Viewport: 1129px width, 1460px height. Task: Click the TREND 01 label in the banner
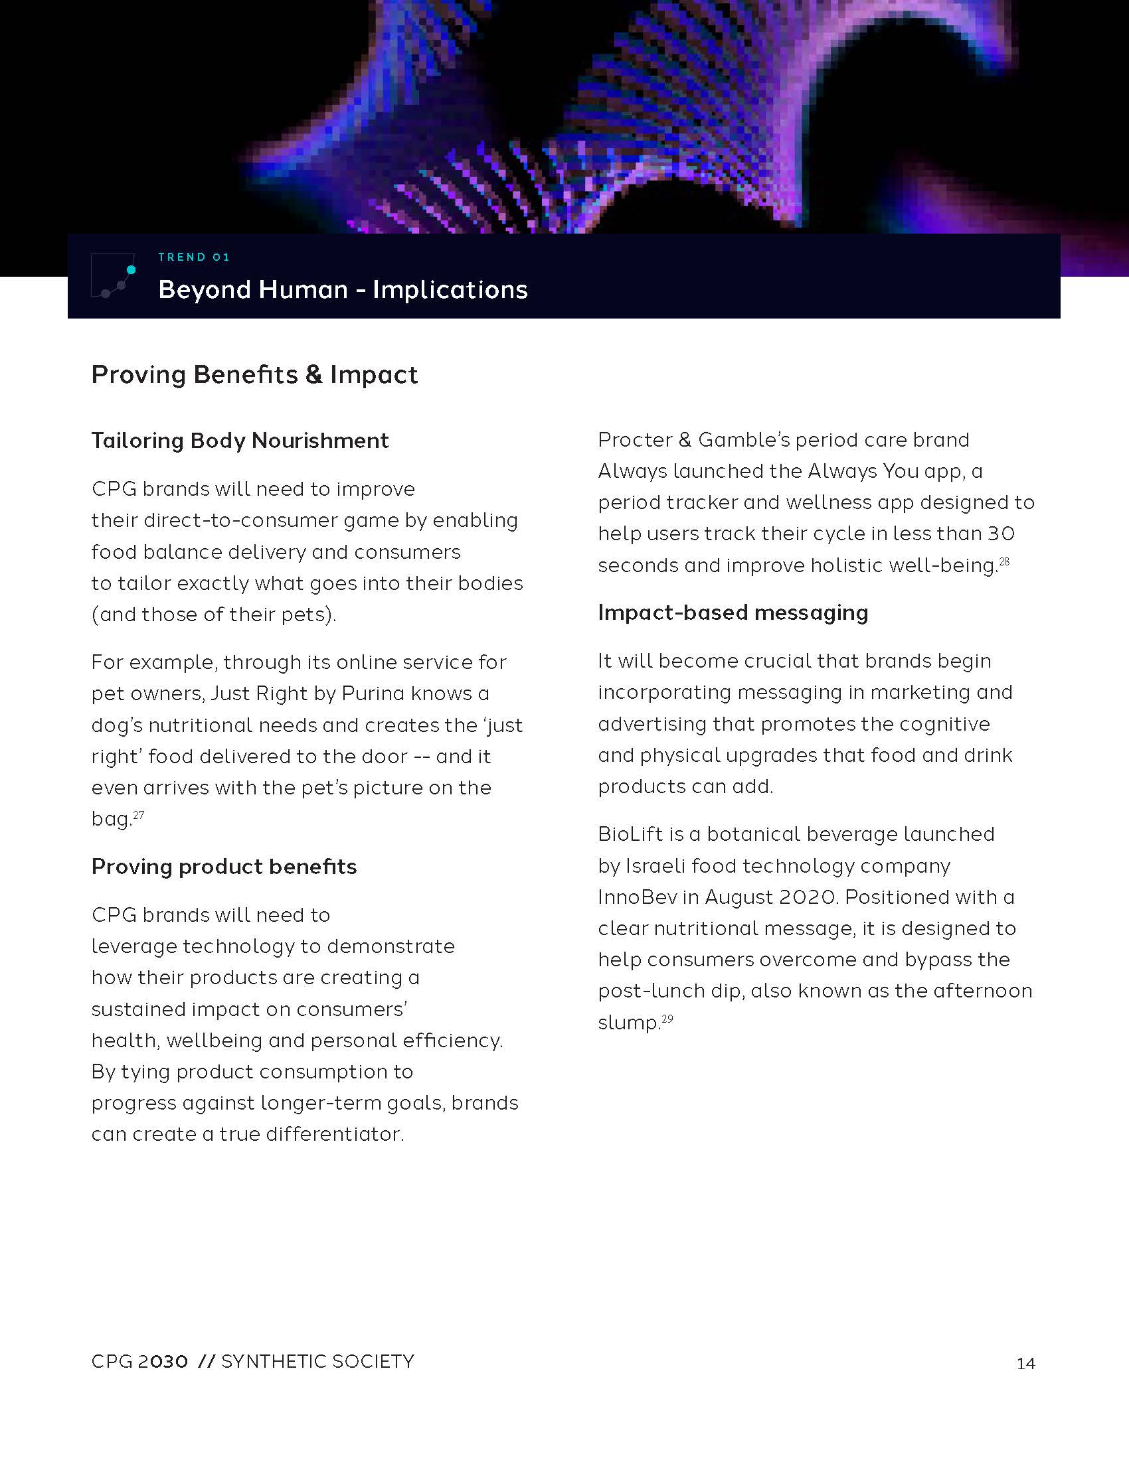click(x=194, y=257)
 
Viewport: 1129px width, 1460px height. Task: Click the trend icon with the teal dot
click(x=114, y=275)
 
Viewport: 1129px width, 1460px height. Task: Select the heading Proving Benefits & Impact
click(x=254, y=375)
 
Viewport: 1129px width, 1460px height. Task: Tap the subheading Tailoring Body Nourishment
click(x=240, y=441)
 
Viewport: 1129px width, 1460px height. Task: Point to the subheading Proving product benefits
click(x=224, y=867)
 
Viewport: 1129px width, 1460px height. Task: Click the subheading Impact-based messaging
click(x=733, y=613)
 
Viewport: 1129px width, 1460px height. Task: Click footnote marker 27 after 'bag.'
click(x=138, y=815)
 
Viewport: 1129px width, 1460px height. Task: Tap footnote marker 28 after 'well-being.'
click(x=1004, y=561)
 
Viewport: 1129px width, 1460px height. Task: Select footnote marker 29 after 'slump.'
click(x=667, y=1019)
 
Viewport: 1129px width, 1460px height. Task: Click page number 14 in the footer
click(x=1025, y=1364)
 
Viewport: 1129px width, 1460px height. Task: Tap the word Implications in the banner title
click(x=450, y=290)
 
